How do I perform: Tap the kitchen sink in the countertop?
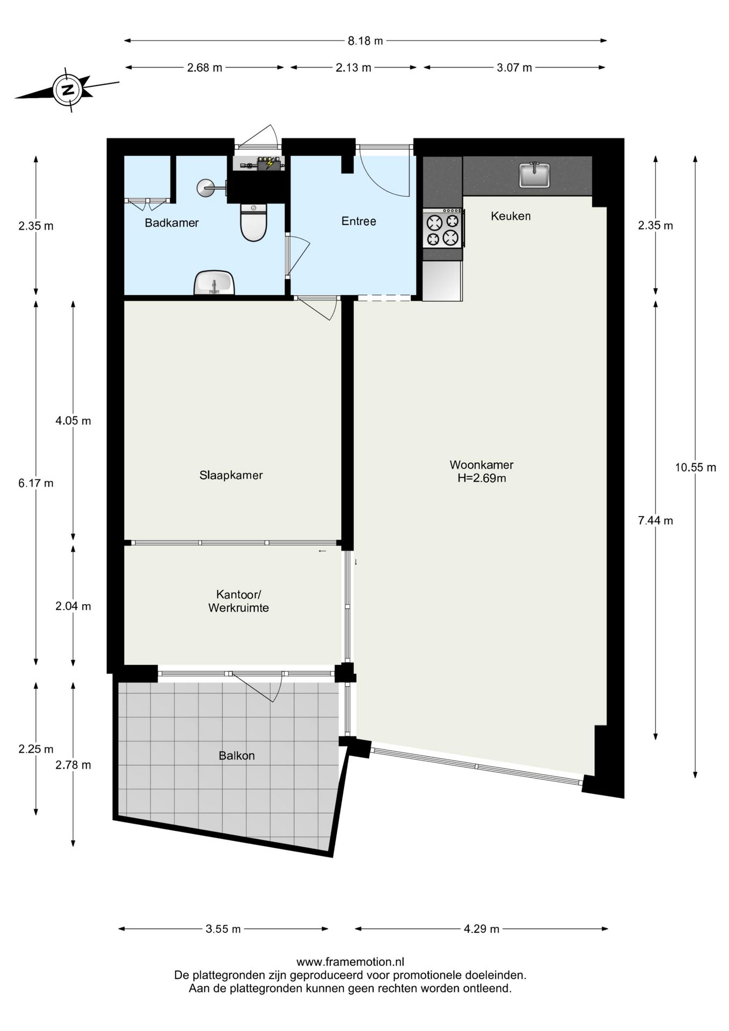point(535,175)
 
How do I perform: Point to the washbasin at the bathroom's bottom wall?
point(215,283)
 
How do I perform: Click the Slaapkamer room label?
point(231,475)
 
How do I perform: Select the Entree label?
point(359,221)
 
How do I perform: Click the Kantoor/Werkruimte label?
point(238,601)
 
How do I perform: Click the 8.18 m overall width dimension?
point(366,41)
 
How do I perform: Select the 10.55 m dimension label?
point(696,467)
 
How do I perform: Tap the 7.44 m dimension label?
point(655,520)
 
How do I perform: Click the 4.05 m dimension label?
point(74,421)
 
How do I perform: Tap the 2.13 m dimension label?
point(354,68)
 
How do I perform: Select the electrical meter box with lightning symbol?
point(269,163)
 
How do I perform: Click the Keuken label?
point(511,216)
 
